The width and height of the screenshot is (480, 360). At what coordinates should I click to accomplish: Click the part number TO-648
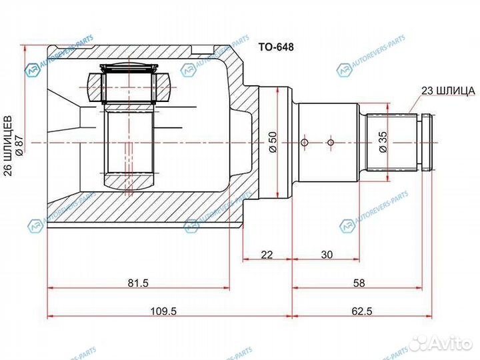coord(275,47)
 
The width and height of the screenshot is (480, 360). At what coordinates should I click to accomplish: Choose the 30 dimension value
coord(327,254)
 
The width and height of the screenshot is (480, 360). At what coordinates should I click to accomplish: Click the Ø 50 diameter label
coord(272,143)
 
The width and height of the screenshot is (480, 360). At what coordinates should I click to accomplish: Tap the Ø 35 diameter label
coord(383,143)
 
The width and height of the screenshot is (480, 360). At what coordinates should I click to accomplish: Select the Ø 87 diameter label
coord(19,143)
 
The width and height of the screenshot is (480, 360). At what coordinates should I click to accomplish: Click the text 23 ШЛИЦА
coord(447,91)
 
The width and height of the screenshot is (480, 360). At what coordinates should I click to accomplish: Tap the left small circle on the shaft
coord(305,143)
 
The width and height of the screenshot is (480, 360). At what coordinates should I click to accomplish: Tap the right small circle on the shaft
coord(329,142)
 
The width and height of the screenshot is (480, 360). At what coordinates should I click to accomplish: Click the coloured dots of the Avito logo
coord(419,343)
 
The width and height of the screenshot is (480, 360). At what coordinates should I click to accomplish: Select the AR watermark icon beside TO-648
coord(343,69)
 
